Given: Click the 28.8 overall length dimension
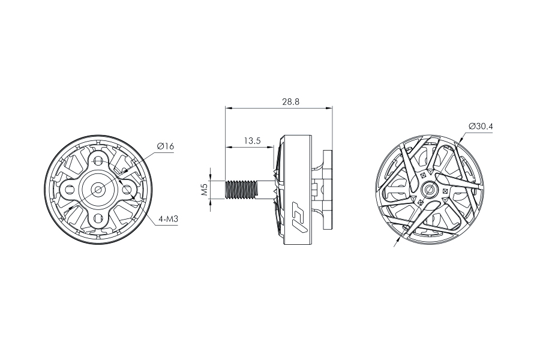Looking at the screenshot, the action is pos(290,101).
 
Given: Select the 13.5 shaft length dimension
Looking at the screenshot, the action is pos(252,140).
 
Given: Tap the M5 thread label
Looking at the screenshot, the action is pos(204,190).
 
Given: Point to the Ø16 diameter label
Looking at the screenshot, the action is pos(166,146).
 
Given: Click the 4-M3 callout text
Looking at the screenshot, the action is pos(168,219).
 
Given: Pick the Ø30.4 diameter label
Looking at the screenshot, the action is pos(481,126).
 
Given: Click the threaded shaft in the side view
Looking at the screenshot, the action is pos(241,190).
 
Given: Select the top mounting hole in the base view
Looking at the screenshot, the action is pos(99,161).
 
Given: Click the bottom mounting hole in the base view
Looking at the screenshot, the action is pos(99,217).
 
